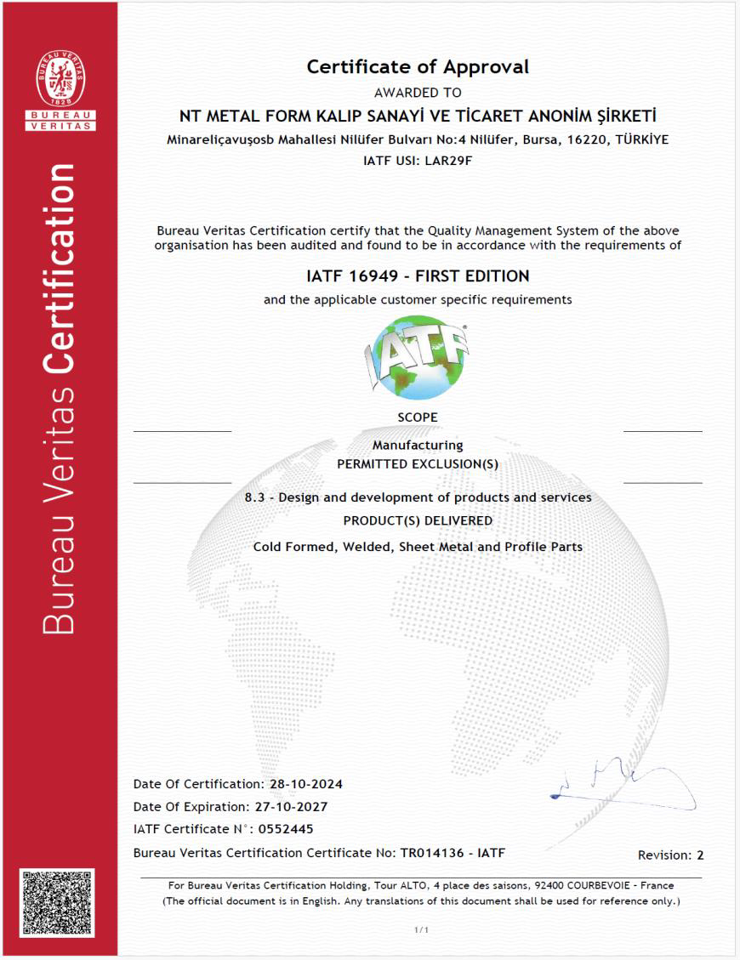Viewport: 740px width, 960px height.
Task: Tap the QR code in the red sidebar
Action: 58,903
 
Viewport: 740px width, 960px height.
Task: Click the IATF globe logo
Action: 418,356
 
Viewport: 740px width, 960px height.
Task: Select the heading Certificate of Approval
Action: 418,66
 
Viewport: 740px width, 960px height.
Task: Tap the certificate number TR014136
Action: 433,852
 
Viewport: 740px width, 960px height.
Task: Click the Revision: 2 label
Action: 670,855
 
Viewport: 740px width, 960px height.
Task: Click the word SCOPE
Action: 418,418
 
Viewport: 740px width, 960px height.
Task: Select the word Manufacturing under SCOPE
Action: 418,445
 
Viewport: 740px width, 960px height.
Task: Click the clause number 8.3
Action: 256,497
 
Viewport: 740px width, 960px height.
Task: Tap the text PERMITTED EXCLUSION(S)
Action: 418,464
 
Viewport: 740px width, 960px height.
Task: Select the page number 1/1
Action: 421,930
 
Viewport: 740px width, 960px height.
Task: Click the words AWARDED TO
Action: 418,93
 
